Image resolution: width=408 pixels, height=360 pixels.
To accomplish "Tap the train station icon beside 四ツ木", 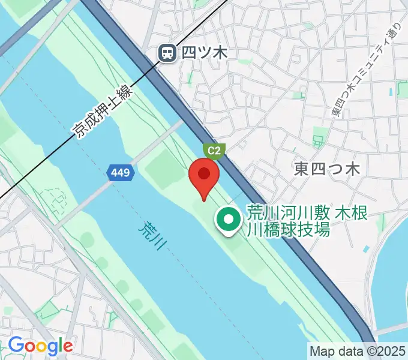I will coord(167,53).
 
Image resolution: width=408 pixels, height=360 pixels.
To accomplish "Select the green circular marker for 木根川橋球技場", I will coord(229,220).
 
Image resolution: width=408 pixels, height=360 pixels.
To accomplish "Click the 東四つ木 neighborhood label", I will coord(327,169).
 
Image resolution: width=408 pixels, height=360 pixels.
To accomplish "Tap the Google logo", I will coord(40,346).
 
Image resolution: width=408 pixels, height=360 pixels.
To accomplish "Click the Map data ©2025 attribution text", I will coord(358,350).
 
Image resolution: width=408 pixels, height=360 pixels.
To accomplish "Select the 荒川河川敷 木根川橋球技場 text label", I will coord(306,221).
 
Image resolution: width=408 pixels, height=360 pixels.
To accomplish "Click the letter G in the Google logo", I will coord(16,345).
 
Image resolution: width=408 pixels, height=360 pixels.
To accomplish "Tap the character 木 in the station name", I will coord(220,53).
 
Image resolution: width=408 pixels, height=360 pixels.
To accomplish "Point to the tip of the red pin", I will coord(204,200).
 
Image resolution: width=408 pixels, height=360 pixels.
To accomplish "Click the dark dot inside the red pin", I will coord(204,174).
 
